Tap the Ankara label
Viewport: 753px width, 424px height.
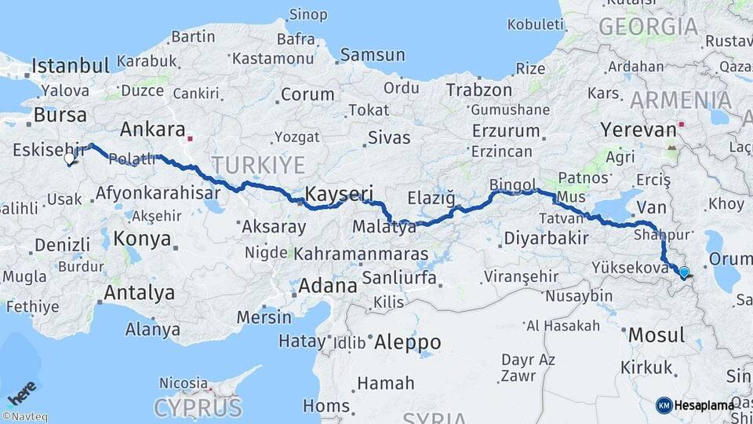pyautogui.click(x=153, y=130)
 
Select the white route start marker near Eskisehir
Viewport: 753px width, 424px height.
pyautogui.click(x=69, y=158)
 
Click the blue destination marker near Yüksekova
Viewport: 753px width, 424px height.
pyautogui.click(x=684, y=272)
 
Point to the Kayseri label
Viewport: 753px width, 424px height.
pyautogui.click(x=338, y=193)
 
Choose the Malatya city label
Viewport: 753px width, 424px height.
pyautogui.click(x=384, y=228)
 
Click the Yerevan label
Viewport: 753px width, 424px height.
pyautogui.click(x=638, y=129)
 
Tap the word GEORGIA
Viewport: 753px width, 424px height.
pyautogui.click(x=648, y=27)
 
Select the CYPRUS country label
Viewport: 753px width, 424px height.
pyautogui.click(x=197, y=408)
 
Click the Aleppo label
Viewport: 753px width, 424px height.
pyautogui.click(x=407, y=342)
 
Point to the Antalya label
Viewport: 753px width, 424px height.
pyautogui.click(x=140, y=294)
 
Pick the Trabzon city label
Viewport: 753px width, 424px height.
pyautogui.click(x=479, y=90)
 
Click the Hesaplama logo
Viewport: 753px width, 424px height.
pyautogui.click(x=695, y=405)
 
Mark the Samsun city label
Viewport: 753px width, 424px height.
pyautogui.click(x=373, y=55)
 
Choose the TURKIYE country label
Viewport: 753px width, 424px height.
pyautogui.click(x=256, y=165)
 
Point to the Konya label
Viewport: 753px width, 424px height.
pyautogui.click(x=142, y=238)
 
